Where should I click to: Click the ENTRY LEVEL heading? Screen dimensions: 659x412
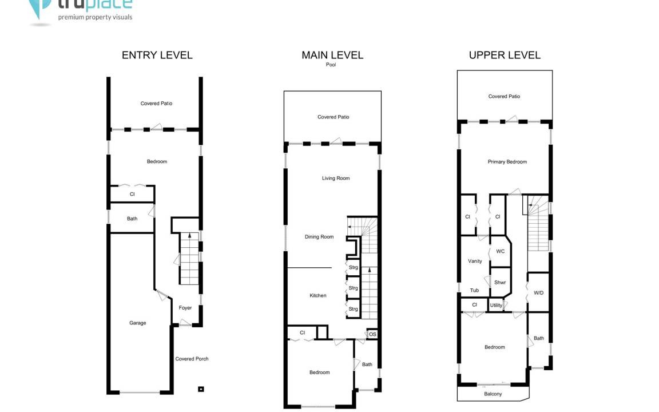(x=157, y=55)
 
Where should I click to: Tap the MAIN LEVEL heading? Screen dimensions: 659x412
(x=332, y=55)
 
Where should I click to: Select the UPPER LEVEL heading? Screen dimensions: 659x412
(x=505, y=55)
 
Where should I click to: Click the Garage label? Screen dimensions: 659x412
(x=138, y=323)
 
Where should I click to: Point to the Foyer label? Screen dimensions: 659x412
(x=185, y=308)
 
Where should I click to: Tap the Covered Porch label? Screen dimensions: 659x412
(x=192, y=359)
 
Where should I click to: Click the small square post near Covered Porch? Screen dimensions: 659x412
(x=201, y=389)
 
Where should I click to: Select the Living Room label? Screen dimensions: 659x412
(x=336, y=179)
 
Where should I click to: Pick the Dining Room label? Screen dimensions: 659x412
(x=319, y=237)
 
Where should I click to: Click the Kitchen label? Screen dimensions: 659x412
(x=318, y=295)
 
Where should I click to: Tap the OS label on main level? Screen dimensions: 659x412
(x=373, y=335)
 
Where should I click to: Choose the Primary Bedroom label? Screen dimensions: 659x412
(x=507, y=162)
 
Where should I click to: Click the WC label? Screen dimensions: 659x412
(x=501, y=251)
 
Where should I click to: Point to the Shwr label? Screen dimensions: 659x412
(x=500, y=283)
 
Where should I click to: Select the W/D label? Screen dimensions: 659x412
(x=539, y=293)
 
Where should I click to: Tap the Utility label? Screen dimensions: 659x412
(x=497, y=305)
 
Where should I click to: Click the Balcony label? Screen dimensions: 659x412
(x=493, y=394)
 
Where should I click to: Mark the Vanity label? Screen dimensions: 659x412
(x=475, y=261)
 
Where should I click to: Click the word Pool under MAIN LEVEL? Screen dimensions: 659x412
(x=331, y=65)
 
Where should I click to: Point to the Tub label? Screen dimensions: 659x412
(x=474, y=290)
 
